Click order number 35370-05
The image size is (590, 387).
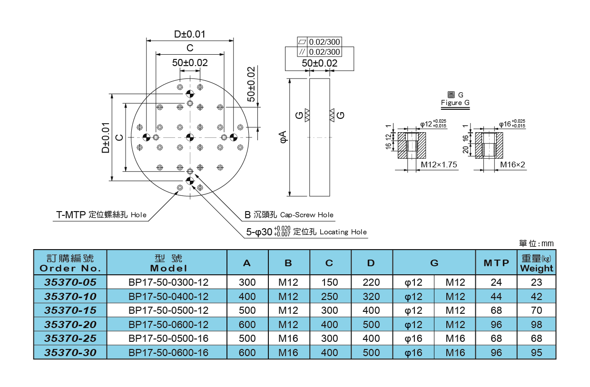70,282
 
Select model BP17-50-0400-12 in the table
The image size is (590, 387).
168,296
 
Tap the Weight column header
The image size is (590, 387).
536,263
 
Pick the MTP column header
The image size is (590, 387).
496,263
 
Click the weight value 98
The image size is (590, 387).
536,324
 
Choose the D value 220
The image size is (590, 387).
371,282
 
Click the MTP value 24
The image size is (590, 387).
496,282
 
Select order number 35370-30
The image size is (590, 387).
70,353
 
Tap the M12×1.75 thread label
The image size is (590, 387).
439,164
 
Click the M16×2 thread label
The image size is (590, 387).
512,164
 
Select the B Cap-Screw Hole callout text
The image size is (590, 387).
289,215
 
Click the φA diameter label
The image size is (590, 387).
282,137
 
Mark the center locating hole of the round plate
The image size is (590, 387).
190,137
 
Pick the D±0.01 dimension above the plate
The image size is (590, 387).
189,34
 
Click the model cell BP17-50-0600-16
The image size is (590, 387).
168,353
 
